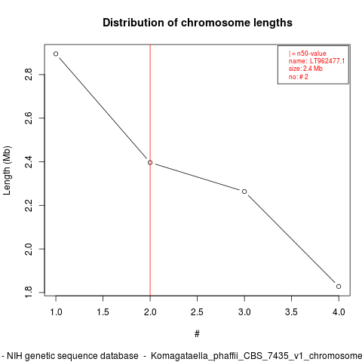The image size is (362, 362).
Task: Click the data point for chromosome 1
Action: click(56, 54)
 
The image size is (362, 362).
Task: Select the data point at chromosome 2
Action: click(150, 163)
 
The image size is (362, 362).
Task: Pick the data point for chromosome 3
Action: click(244, 192)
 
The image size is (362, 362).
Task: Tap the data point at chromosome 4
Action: click(339, 287)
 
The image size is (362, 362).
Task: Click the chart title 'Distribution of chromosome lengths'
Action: click(198, 23)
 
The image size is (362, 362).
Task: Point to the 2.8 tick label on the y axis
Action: click(29, 75)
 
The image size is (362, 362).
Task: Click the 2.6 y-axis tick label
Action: click(29, 118)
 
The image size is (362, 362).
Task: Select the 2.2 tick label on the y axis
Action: click(29, 205)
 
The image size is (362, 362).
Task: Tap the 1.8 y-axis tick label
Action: click(29, 292)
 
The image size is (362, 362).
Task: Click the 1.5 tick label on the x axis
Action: click(103, 312)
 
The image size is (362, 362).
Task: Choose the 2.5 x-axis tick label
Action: click(197, 312)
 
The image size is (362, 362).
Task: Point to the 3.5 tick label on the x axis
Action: click(291, 312)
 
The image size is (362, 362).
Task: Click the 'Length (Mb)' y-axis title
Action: click(7, 170)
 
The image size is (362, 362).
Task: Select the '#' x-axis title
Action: click(197, 334)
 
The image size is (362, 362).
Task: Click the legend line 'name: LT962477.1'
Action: click(317, 61)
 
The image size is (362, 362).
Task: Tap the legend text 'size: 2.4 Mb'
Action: click(305, 69)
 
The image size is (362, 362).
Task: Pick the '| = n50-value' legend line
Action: click(308, 54)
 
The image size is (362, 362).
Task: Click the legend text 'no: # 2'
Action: click(299, 77)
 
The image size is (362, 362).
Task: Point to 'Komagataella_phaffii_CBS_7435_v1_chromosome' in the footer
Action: click(256, 356)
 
